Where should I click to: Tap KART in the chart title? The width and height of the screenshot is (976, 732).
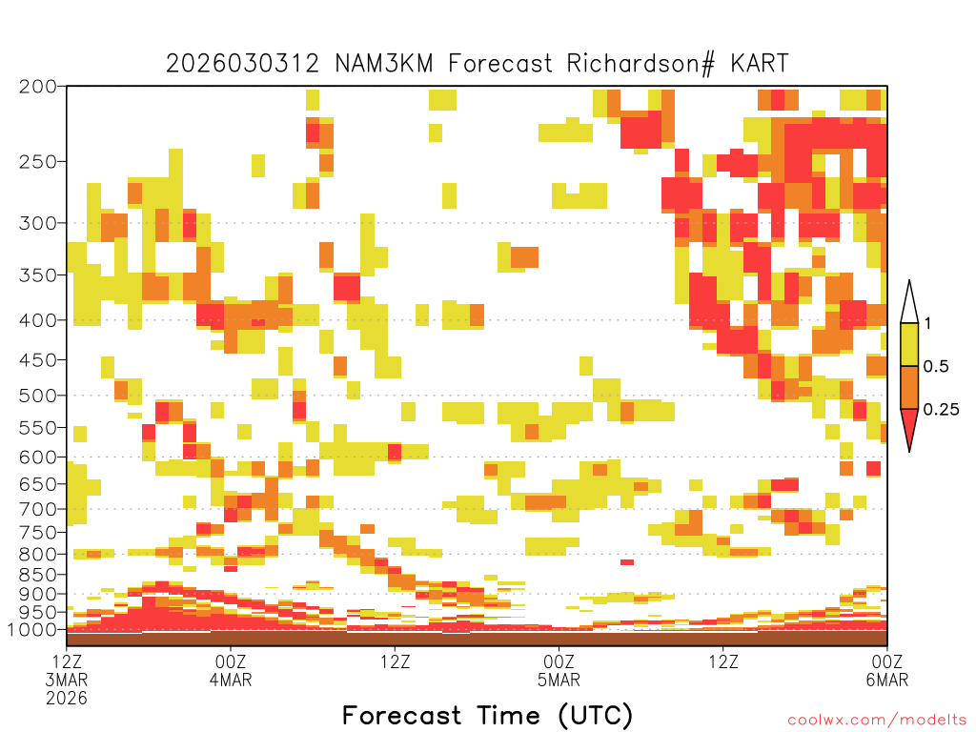(760, 64)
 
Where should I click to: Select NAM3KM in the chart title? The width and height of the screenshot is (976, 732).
(383, 64)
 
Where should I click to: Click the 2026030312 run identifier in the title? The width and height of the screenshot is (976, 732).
(243, 64)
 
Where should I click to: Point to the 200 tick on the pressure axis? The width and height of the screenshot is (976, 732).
(38, 87)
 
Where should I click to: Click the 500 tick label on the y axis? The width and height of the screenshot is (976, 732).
(38, 396)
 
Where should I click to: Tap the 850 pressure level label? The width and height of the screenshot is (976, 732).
(38, 575)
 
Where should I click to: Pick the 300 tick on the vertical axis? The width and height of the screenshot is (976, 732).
(38, 223)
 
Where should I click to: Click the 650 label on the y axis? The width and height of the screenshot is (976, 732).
(38, 483)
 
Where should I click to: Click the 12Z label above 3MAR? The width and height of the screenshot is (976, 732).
(67, 661)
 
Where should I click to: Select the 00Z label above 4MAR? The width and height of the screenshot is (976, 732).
(231, 661)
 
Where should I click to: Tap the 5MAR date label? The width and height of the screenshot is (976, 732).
(559, 680)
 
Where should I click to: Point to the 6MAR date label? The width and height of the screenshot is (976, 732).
(887, 680)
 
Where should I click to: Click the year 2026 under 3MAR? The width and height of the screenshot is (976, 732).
(67, 699)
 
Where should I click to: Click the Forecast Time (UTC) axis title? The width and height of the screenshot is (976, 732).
(487, 716)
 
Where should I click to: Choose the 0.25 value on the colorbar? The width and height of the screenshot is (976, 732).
(941, 409)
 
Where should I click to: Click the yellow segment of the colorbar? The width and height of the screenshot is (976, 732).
(909, 344)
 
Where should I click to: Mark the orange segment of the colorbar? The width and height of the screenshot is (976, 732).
(909, 387)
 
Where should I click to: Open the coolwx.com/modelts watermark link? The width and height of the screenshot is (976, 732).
(877, 721)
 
